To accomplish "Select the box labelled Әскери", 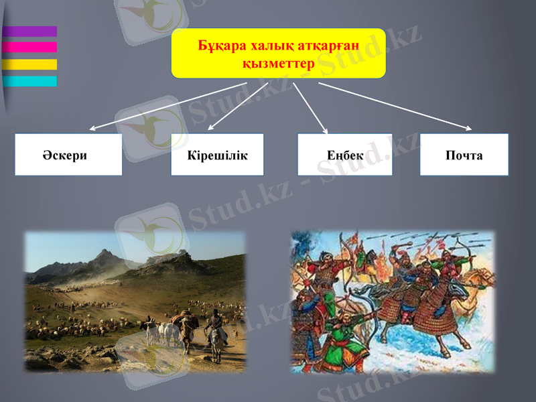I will tap(68, 155).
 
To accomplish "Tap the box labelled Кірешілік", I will tap(217, 155).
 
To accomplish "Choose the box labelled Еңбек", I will tap(345, 155).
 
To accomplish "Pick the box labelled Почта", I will tap(464, 155).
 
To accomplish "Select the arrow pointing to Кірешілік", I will tap(238, 106).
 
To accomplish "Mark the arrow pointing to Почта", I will tap(395, 106).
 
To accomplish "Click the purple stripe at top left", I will tap(29, 31).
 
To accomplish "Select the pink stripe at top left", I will tap(29, 47).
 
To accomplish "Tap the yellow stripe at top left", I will tap(29, 64).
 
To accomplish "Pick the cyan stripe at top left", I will tap(29, 81).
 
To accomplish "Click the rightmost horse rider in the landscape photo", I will tap(216, 328).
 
